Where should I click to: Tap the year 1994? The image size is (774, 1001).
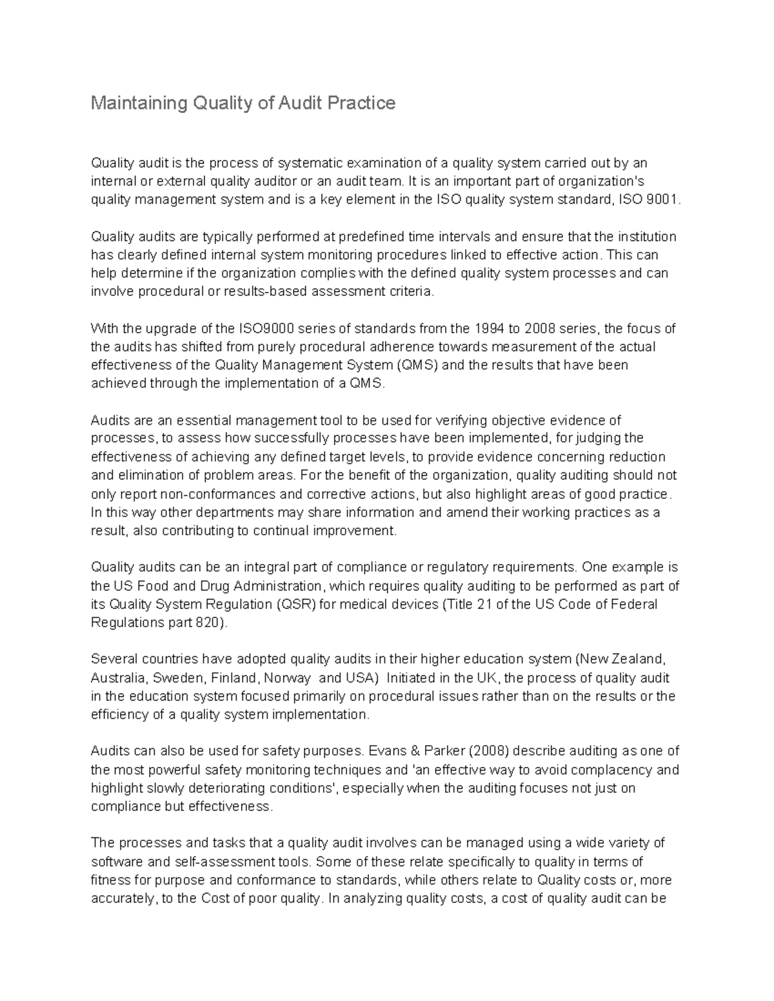(488, 328)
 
